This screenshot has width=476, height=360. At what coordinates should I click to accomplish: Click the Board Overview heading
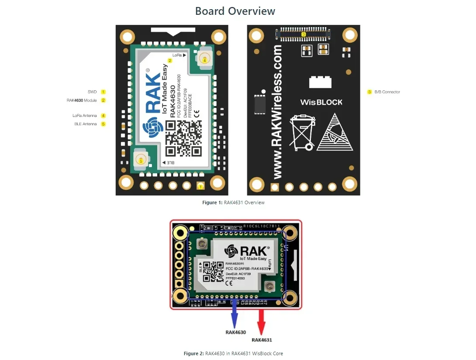(235, 11)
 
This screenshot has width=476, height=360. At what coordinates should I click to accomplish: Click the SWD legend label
(92, 92)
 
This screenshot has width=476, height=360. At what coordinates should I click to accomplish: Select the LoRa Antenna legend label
(85, 116)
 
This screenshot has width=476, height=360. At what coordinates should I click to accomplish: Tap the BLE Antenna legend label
(86, 124)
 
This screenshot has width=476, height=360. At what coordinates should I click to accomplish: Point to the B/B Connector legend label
(387, 92)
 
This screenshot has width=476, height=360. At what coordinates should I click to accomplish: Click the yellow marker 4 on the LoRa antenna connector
(204, 61)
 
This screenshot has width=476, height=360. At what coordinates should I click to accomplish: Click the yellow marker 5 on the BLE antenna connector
(141, 161)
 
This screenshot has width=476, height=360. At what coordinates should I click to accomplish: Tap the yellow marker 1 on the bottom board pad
(200, 186)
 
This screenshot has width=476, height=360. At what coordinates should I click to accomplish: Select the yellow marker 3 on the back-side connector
(304, 34)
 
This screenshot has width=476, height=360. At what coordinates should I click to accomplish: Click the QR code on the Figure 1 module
(183, 138)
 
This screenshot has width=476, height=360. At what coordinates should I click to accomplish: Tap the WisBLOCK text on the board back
(321, 103)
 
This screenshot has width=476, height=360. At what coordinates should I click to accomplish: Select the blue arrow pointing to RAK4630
(235, 314)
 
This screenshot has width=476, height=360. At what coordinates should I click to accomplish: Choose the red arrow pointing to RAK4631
(262, 321)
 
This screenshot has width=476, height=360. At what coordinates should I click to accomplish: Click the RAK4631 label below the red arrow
(262, 340)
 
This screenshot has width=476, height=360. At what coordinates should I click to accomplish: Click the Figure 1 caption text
(233, 202)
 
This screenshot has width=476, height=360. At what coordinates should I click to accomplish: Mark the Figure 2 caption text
(236, 353)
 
